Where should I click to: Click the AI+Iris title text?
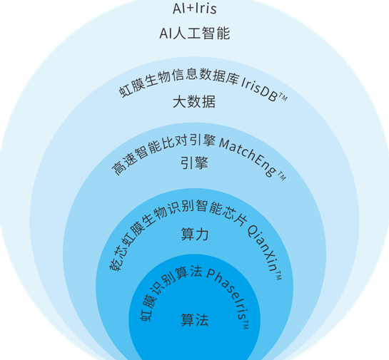194,9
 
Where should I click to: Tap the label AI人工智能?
195,34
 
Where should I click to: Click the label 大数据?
194,101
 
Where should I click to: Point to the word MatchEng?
248,155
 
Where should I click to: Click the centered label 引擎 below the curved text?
194,163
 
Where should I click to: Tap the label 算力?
195,234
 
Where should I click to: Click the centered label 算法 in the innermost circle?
195,319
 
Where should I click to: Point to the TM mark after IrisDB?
283,97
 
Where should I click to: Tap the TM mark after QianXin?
278,276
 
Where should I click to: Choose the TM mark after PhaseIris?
246,324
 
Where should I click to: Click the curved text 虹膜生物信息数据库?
178,80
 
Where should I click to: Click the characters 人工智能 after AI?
202,34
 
